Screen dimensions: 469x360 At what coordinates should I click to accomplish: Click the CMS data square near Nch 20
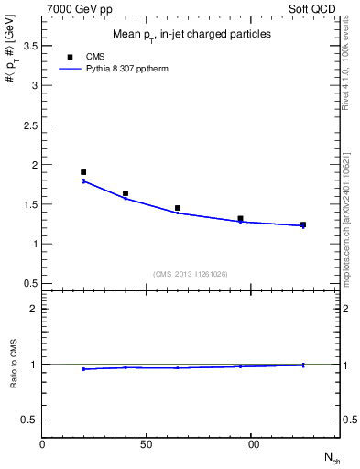tap(83, 172)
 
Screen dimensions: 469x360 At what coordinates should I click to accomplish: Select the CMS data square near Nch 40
tap(125, 193)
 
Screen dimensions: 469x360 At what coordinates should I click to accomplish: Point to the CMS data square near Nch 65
tap(178, 208)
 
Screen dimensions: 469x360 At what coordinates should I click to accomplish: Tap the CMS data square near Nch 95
tap(240, 219)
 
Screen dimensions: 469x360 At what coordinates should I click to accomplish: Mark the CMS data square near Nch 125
tap(303, 224)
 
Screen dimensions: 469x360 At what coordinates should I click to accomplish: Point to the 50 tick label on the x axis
tap(147, 443)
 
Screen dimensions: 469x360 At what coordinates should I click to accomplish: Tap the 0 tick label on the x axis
tap(42, 443)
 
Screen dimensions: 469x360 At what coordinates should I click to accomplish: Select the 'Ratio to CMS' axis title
tap(13, 365)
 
